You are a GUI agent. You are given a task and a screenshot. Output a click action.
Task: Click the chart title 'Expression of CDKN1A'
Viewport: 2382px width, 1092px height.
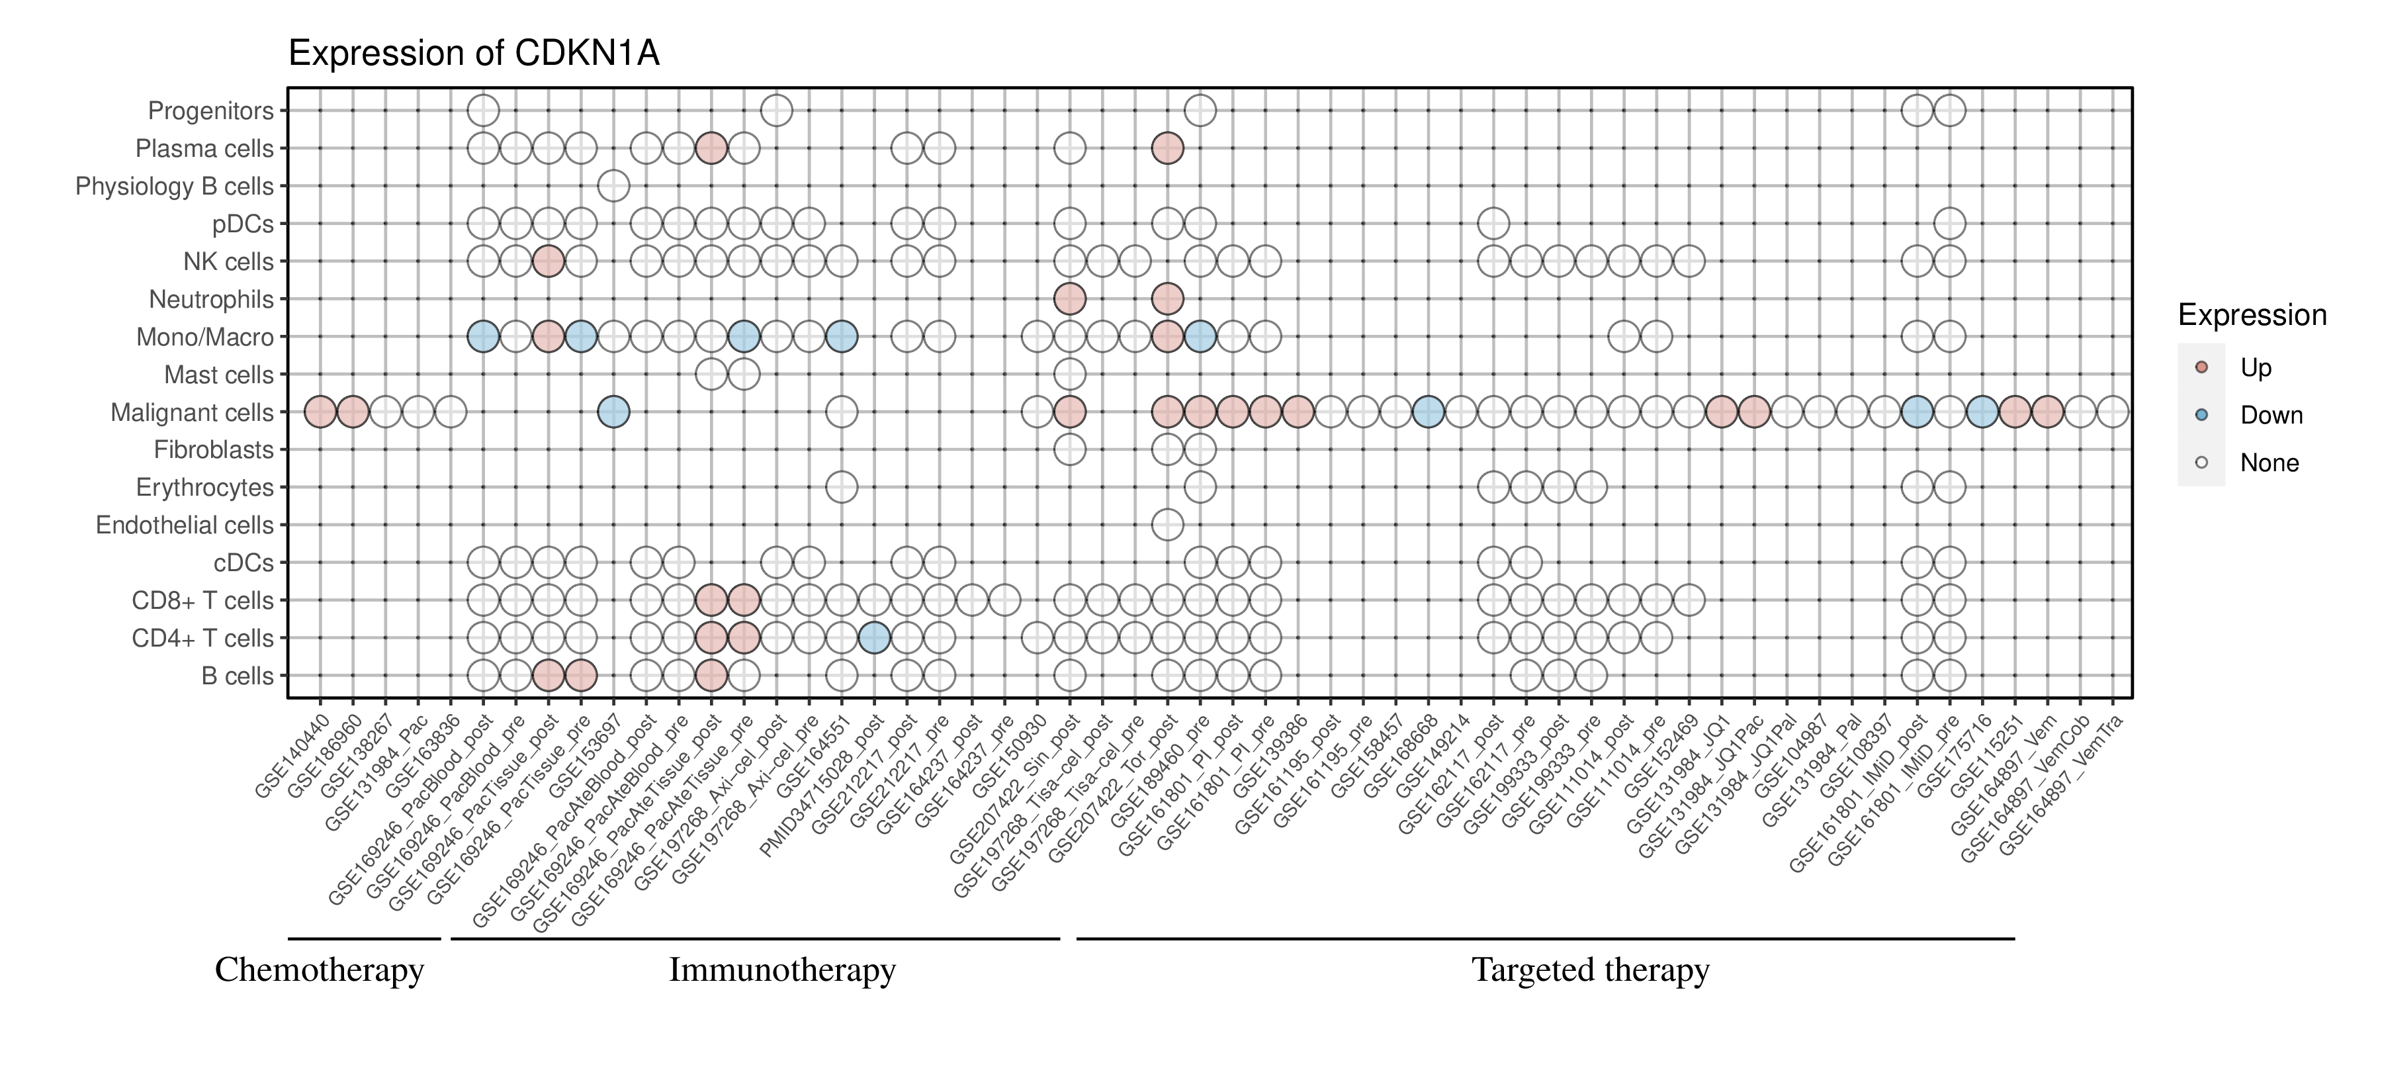(x=474, y=54)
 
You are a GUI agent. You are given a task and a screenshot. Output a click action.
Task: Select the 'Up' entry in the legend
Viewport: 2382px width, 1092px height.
(x=2256, y=368)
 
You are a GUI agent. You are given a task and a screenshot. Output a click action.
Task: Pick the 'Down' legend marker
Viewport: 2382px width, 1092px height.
(x=2201, y=415)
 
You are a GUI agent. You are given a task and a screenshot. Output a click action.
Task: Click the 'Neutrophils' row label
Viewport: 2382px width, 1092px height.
(x=211, y=300)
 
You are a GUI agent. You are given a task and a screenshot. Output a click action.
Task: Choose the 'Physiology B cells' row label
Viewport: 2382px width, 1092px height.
(x=174, y=187)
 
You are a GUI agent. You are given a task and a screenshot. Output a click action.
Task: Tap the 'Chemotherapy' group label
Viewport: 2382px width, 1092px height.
(x=319, y=970)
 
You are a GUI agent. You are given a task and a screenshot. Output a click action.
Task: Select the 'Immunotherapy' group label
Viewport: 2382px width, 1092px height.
(x=782, y=970)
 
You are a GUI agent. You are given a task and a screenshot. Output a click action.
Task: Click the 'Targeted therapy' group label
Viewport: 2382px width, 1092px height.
(x=1591, y=970)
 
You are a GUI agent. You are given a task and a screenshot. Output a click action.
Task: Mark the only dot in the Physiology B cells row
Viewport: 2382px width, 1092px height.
(x=614, y=186)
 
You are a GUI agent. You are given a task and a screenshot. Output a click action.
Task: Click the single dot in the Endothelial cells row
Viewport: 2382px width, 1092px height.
(x=1167, y=525)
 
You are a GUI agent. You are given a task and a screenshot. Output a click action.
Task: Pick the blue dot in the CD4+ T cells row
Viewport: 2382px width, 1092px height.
(x=874, y=638)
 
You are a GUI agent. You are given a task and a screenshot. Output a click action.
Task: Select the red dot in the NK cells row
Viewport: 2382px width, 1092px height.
(x=549, y=261)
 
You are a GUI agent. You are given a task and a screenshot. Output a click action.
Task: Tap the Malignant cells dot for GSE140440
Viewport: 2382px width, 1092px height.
(x=320, y=412)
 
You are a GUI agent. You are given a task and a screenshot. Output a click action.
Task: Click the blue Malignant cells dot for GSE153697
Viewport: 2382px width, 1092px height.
(x=614, y=412)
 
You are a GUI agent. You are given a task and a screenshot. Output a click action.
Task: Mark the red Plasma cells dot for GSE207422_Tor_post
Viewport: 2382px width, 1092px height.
(x=1167, y=148)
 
